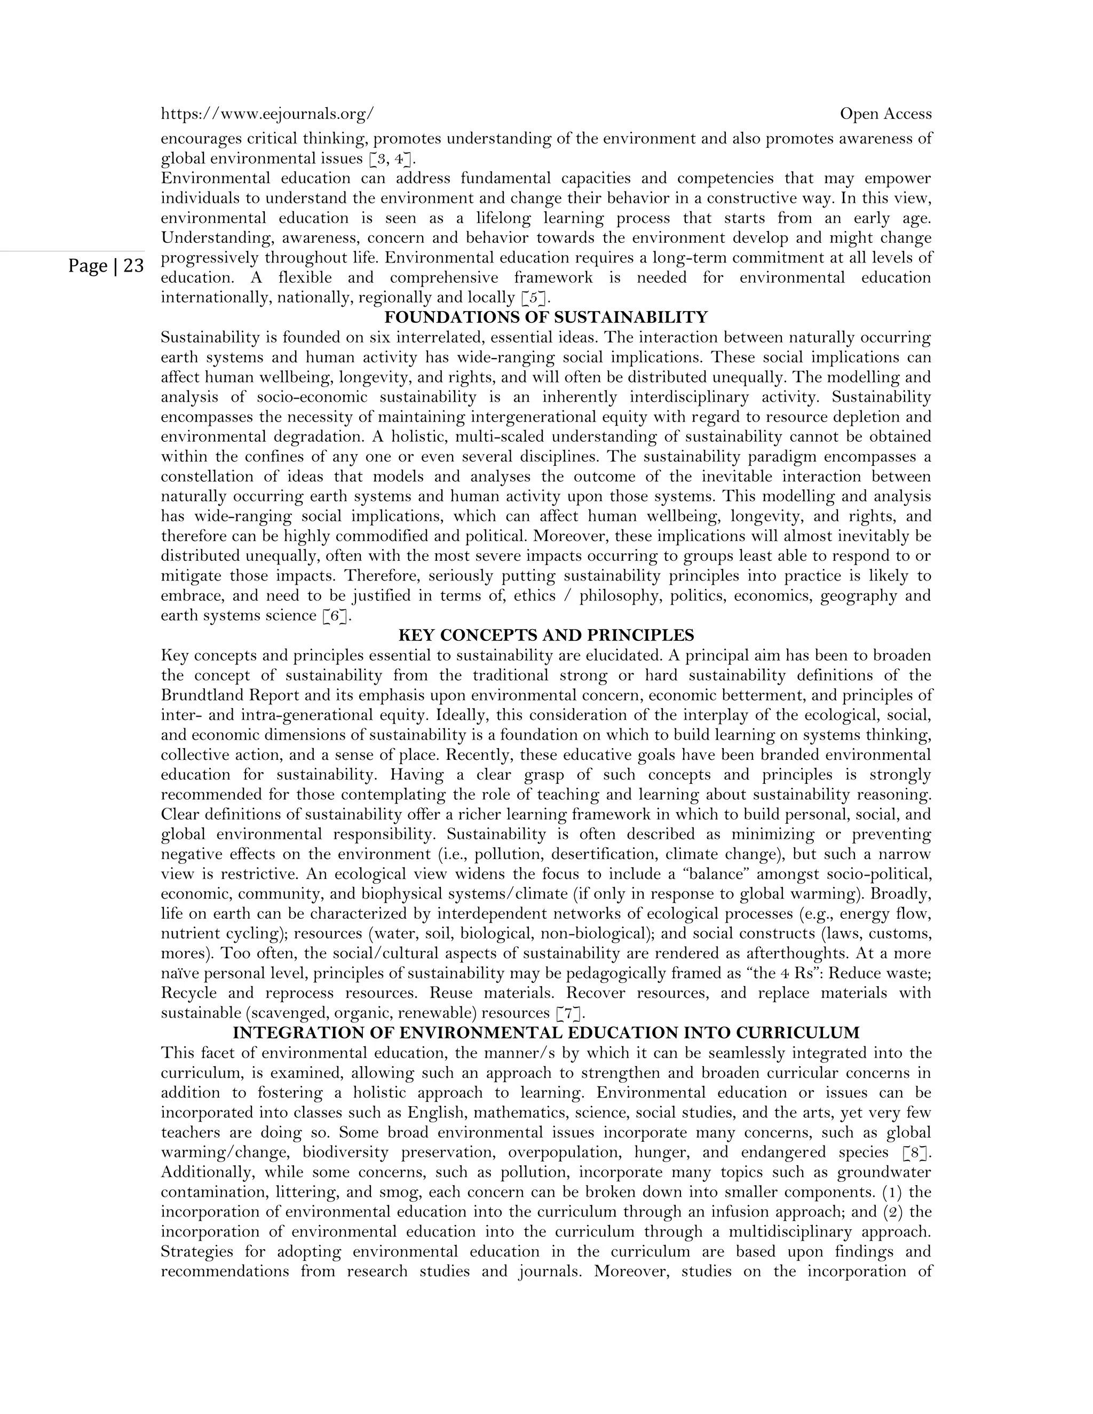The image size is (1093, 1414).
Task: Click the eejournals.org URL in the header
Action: tap(267, 114)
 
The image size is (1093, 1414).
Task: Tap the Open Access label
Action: tap(885, 114)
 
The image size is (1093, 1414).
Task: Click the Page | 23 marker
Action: tap(106, 266)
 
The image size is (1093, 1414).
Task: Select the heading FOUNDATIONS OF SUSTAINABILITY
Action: tap(546, 317)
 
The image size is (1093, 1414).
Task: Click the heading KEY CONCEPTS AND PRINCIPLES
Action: tap(546, 635)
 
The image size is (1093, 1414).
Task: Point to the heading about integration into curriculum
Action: tap(546, 1032)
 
